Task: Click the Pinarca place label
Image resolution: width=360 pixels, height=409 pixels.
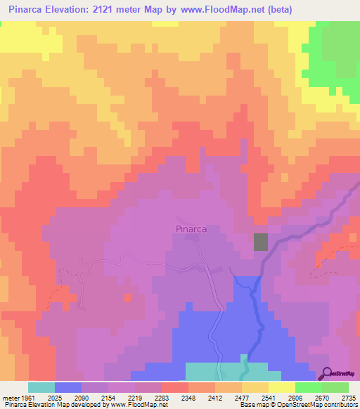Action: [x=188, y=228]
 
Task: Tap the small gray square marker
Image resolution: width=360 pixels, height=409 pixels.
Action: [x=261, y=241]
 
